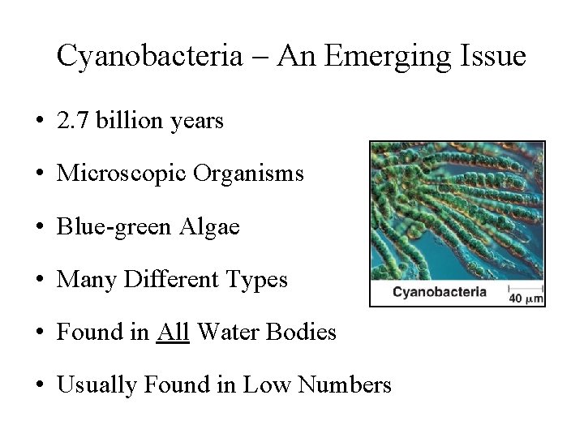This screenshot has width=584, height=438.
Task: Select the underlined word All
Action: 172,332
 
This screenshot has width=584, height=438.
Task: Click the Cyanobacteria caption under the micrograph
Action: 439,292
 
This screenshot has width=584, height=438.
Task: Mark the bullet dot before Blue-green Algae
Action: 39,228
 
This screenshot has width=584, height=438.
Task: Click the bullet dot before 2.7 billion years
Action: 39,122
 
